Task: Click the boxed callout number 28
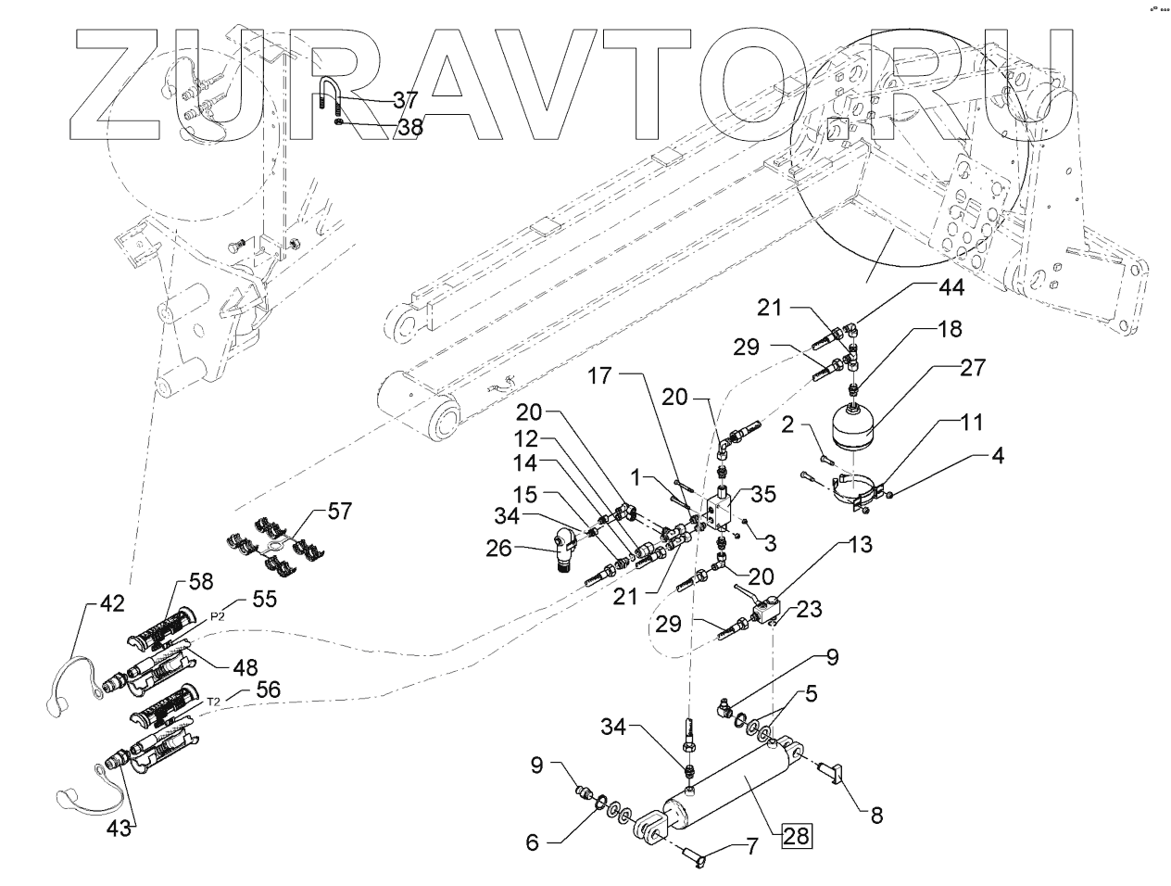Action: [796, 837]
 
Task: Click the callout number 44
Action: [951, 288]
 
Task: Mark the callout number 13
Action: [860, 546]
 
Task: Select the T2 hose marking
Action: [212, 702]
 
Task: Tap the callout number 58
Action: [200, 582]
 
